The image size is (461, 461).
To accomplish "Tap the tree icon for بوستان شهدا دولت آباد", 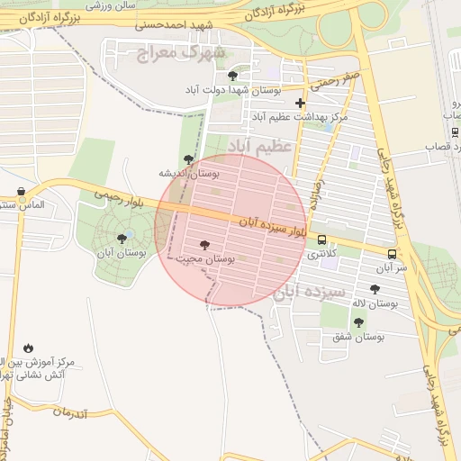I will (233, 77).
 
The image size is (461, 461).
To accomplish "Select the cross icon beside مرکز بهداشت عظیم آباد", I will (300, 104).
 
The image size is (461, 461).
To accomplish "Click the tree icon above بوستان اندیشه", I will (188, 159).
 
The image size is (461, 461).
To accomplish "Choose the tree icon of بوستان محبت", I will (205, 245).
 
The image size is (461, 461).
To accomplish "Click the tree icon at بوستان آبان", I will (122, 239).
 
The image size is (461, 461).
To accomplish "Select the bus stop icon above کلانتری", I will (322, 240).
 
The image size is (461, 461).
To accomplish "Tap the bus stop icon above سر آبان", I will (392, 254).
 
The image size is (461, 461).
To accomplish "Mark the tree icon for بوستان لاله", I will (375, 289).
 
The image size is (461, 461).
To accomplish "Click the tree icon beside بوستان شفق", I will (359, 322).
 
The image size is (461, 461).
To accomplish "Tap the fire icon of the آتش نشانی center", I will (28, 348).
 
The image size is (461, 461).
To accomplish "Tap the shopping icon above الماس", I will (21, 191).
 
